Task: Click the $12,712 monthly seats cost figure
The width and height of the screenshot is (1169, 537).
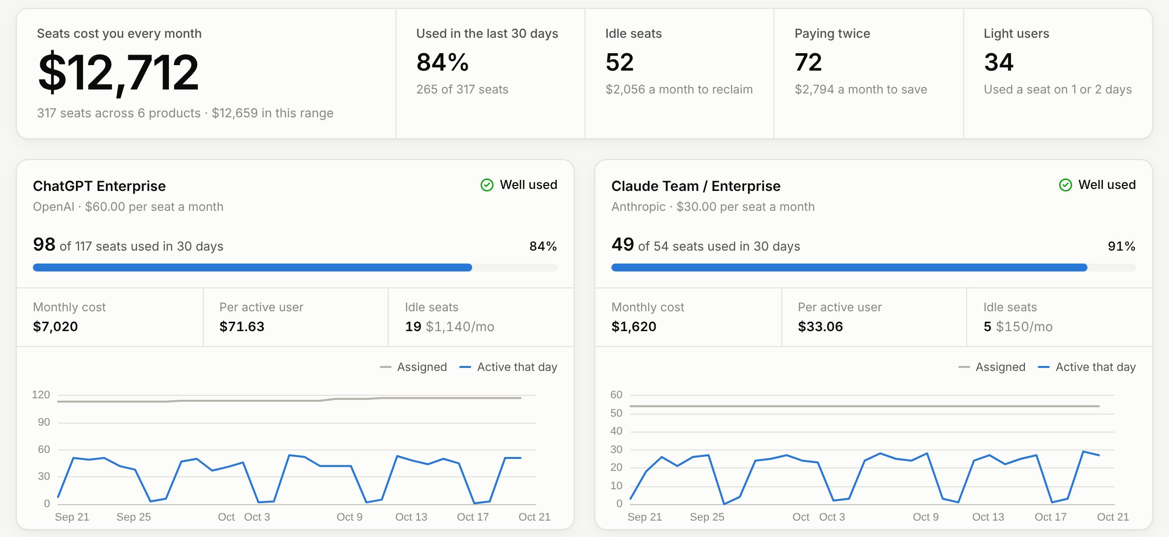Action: point(119,73)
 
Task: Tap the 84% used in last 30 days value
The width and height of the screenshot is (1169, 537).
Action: point(442,63)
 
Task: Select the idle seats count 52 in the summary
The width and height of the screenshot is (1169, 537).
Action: point(619,63)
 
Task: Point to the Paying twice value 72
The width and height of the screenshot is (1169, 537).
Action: point(808,63)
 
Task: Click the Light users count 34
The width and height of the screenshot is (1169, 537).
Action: point(999,63)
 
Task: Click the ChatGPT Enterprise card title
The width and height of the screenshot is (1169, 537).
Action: point(99,186)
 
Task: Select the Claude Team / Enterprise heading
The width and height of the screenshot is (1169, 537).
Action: point(696,186)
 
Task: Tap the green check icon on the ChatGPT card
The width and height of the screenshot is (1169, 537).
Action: point(487,185)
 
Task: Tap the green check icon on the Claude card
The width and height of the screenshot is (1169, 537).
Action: point(1066,185)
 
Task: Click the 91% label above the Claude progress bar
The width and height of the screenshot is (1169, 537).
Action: point(1121,246)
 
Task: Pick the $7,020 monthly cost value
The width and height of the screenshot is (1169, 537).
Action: point(55,327)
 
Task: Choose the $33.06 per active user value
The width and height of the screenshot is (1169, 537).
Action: point(820,327)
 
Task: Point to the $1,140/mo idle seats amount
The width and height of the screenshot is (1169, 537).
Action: point(460,327)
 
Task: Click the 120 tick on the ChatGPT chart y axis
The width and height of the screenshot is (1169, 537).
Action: point(41,395)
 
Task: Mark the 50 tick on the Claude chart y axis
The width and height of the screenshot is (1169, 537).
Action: point(616,413)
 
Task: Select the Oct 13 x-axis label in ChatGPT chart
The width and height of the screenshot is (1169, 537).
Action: point(411,517)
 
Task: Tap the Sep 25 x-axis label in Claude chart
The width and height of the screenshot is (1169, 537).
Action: point(707,517)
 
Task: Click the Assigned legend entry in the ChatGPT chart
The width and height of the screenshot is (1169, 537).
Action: point(414,367)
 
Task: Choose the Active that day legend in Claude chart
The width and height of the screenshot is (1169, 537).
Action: point(1087,367)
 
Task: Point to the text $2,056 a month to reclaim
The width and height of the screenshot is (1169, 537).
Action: point(679,89)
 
